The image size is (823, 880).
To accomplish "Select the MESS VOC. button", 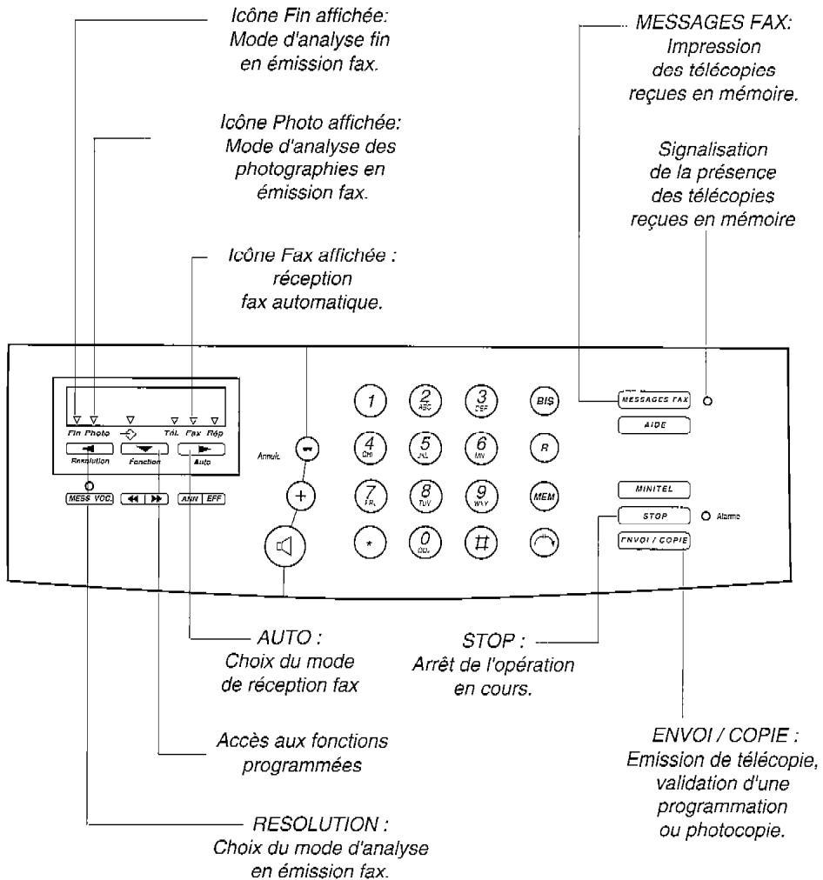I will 88,500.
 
